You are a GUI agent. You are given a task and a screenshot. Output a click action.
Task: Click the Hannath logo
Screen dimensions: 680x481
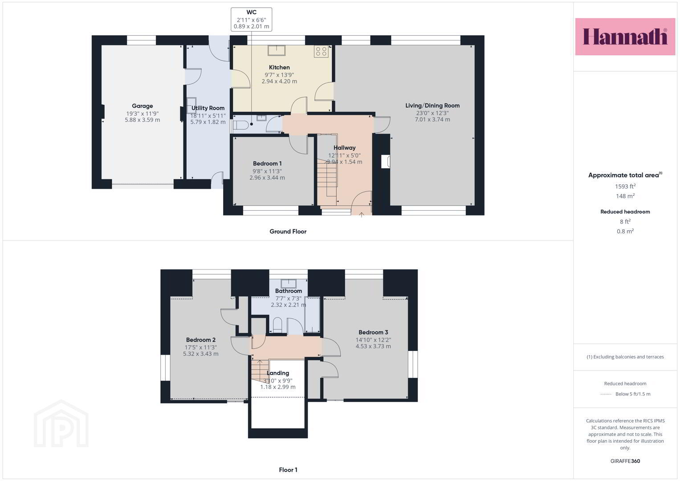[625, 37]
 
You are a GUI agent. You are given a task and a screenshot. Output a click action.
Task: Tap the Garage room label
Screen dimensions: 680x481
[143, 106]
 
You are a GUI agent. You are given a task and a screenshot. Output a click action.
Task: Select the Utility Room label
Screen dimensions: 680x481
[208, 108]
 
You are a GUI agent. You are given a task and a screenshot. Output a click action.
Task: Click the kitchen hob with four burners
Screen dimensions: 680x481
[321, 52]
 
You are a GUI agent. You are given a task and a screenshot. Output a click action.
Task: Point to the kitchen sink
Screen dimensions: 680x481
[276, 50]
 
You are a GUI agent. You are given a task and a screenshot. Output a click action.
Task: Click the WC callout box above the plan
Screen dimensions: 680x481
[251, 20]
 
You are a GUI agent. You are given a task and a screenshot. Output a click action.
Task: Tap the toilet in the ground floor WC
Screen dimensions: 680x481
[241, 125]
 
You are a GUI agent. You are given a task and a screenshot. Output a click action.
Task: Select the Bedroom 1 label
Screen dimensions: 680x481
[267, 164]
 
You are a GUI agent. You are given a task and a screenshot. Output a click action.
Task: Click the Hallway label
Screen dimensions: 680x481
[345, 148]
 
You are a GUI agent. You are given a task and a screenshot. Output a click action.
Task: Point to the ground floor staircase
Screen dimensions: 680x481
[327, 177]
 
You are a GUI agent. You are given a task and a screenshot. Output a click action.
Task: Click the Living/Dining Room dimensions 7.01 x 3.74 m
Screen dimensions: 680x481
[432, 120]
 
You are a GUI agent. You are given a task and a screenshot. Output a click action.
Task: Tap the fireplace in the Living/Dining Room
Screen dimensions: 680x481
[386, 162]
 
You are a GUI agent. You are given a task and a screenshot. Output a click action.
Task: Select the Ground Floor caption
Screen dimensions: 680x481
[288, 232]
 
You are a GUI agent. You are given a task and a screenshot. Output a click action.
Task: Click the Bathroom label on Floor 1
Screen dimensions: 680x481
[289, 291]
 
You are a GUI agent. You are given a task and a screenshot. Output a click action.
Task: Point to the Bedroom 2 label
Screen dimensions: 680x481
[201, 340]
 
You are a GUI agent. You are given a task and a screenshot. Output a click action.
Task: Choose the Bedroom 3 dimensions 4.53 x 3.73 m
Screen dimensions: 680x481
[373, 346]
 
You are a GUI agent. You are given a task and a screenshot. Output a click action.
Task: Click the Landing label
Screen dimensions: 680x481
[278, 373]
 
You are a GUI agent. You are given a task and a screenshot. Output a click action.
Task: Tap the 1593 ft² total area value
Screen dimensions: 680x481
[625, 187]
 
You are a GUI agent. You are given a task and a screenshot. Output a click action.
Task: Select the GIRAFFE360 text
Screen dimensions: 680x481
[625, 461]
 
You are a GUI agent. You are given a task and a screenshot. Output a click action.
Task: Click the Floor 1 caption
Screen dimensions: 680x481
[288, 470]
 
